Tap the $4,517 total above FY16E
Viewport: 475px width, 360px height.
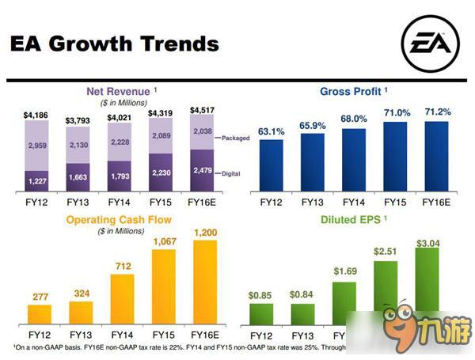tap(204, 110)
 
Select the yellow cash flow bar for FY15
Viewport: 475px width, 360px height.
tap(161, 290)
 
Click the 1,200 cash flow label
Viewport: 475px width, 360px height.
tap(204, 232)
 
